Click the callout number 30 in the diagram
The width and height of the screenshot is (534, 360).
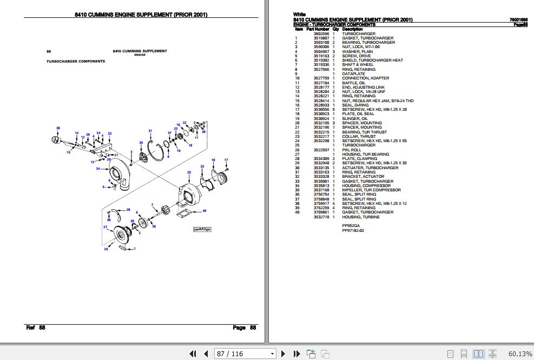[x=58, y=128]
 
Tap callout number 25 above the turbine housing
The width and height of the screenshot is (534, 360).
[x=189, y=172]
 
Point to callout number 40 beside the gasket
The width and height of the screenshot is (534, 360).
[x=204, y=210]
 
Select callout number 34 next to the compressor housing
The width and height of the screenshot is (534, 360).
[x=98, y=169]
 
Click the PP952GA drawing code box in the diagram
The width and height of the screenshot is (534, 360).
[x=203, y=229]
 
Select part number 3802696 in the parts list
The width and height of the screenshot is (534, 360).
[x=321, y=34]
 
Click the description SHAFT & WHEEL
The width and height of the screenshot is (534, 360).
[x=358, y=65]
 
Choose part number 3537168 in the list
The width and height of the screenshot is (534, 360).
[x=321, y=190]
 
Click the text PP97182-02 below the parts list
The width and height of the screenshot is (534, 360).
[x=353, y=230]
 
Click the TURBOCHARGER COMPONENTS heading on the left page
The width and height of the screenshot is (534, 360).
[x=76, y=61]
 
